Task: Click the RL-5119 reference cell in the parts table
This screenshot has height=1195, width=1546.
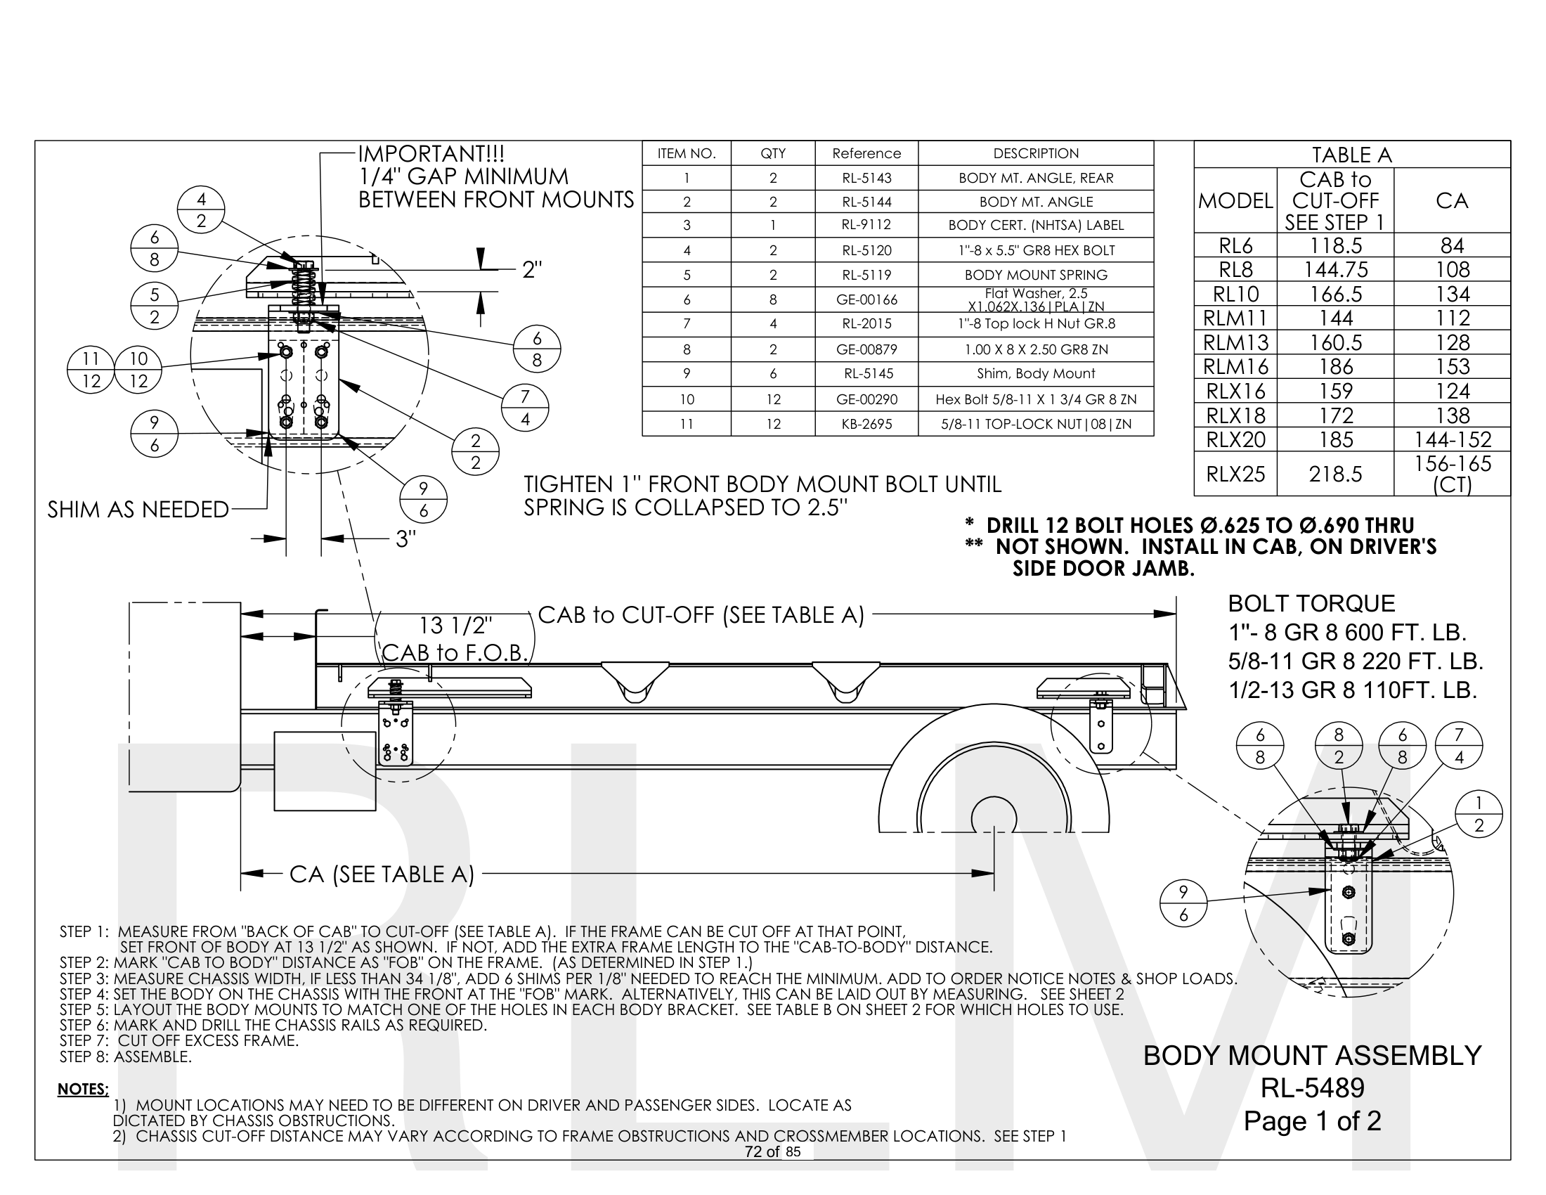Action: pos(866,275)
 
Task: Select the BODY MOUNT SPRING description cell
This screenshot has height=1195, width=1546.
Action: pos(1036,275)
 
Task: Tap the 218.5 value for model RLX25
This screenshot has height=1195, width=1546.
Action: pos(1335,474)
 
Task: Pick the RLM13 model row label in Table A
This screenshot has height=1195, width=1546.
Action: pos(1235,342)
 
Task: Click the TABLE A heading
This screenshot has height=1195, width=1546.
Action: pos(1351,155)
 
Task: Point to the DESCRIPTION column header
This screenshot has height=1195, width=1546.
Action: pos(1036,154)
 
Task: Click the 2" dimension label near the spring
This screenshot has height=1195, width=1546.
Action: pos(532,270)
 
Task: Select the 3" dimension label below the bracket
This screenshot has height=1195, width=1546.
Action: pos(405,539)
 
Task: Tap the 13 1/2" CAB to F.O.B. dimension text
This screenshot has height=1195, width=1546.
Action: pos(455,638)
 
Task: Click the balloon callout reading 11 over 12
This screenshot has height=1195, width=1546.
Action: pos(91,370)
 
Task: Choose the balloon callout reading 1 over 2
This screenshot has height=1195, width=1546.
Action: pos(1479,813)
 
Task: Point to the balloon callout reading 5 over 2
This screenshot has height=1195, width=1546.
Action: pos(155,306)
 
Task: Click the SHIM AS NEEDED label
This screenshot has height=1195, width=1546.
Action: pos(138,510)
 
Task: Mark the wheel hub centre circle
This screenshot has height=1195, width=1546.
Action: pos(994,818)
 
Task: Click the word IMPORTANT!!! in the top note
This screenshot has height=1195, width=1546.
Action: pos(431,154)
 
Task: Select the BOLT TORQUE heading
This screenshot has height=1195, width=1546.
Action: pos(1311,603)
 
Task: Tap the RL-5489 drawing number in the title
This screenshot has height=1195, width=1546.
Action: pos(1313,1088)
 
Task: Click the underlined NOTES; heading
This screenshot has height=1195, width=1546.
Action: pos(83,1089)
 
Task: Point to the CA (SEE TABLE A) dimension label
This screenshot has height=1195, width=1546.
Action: pos(382,874)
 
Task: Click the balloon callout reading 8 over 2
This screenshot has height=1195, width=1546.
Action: pos(1338,745)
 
